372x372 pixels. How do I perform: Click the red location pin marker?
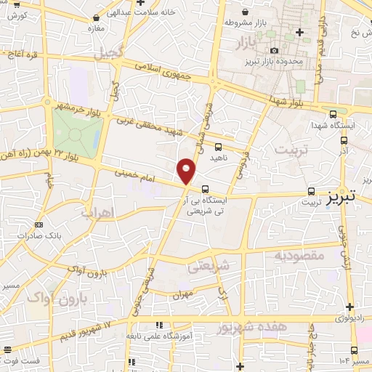click(187, 172)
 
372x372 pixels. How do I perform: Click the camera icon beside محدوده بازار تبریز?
click(275, 50)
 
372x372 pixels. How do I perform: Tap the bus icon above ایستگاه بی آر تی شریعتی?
click(205, 187)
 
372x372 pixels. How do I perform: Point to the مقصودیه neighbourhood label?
click(299, 256)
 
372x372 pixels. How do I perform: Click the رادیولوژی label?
click(352, 318)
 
